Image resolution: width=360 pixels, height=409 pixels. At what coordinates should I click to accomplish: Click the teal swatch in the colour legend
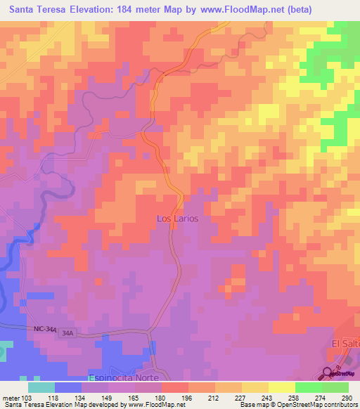pyautogui.click(x=41, y=387)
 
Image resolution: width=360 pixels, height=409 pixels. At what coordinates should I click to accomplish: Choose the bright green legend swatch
pyautogui.click(x=308, y=387)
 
